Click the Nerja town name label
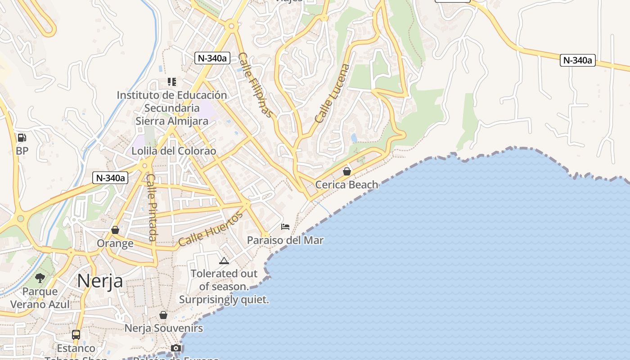pos(100,281)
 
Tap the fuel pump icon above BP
pos(22,138)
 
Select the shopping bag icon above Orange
pos(115,230)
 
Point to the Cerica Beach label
pos(346,184)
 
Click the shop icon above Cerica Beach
pos(346,171)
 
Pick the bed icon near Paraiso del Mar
pos(285,226)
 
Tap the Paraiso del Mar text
pos(285,240)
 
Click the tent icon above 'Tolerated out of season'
pos(224,261)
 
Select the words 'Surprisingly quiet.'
pos(224,299)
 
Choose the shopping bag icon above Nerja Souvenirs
pos(163,315)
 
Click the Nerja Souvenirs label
pos(163,328)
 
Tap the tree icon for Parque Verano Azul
pos(40,278)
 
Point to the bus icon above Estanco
pos(76,335)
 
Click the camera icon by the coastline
pos(176,348)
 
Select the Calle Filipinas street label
pos(255,85)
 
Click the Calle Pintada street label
pos(152,208)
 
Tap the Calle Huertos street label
pos(211,229)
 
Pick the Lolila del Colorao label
pos(174,151)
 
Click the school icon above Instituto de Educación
pos(171,82)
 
